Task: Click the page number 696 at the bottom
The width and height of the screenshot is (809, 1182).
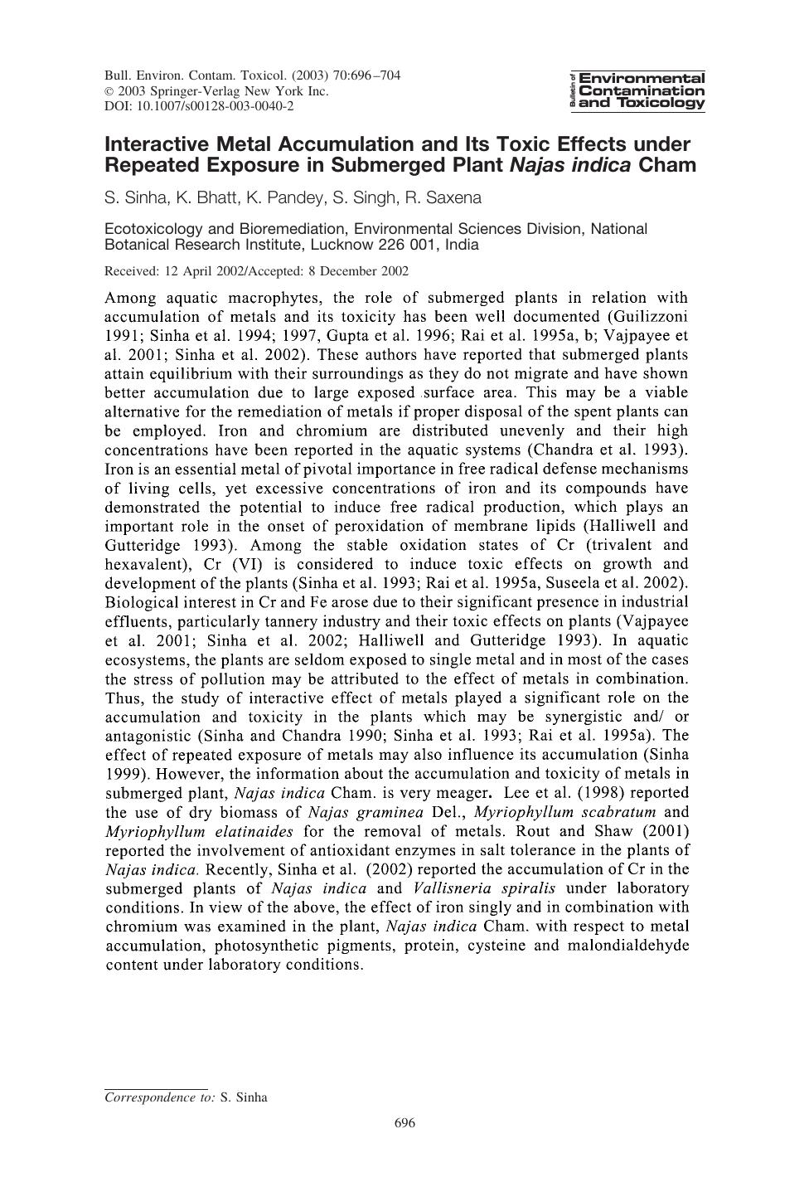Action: point(404,1123)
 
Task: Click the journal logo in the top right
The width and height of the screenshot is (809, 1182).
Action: point(637,90)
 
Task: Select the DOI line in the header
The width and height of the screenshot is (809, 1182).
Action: point(199,106)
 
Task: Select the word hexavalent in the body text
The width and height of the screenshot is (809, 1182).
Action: point(145,564)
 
